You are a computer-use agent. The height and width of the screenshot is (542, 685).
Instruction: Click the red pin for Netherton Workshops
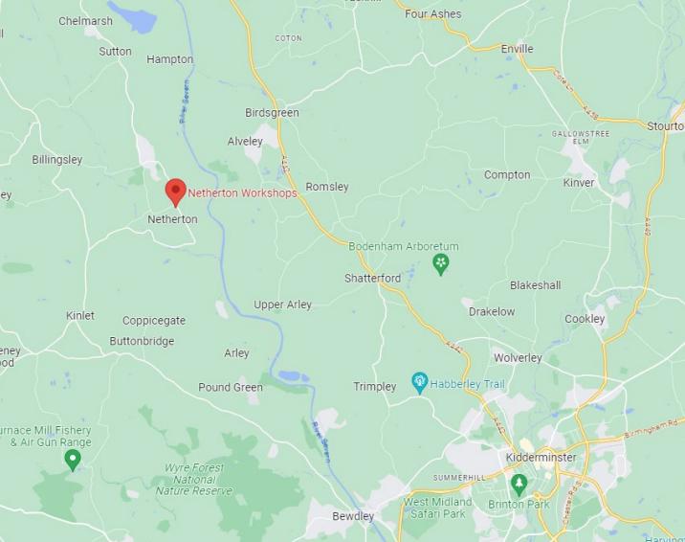point(175,191)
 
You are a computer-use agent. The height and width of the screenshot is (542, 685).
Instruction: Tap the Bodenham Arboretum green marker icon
point(441,263)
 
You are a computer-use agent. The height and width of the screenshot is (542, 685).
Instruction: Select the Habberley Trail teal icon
point(419,383)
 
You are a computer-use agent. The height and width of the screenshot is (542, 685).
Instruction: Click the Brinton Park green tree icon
point(519,483)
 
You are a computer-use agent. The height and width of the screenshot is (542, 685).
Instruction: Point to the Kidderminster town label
point(541,458)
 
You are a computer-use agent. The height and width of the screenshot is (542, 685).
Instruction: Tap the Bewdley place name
point(353,517)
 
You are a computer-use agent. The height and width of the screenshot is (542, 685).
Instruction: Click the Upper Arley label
point(282,305)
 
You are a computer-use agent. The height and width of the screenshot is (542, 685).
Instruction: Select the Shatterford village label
point(372,278)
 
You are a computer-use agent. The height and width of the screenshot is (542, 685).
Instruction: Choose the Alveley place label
point(245,141)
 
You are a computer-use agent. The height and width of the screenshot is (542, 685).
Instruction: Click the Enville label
point(517,48)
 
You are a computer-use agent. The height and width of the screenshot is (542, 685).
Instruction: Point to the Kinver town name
point(579,182)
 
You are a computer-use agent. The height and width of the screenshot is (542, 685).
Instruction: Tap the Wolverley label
point(518,358)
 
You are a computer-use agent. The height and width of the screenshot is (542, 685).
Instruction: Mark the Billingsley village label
point(57,160)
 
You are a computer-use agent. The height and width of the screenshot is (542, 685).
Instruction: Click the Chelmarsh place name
point(85,21)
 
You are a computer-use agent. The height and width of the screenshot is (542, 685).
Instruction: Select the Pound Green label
point(231,387)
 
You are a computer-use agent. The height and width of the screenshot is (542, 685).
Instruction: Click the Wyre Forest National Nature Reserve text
point(194,479)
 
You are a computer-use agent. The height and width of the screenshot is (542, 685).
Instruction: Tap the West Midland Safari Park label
point(437,508)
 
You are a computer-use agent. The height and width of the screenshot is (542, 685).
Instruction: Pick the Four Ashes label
point(432,14)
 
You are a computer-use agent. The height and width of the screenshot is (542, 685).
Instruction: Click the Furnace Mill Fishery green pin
point(73,460)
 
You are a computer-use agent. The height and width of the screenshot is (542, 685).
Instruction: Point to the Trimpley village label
point(375,387)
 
